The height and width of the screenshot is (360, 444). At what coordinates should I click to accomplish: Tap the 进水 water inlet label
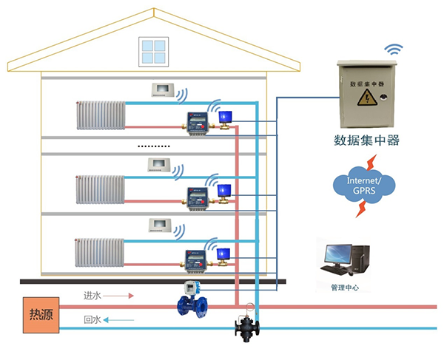coord(92,296)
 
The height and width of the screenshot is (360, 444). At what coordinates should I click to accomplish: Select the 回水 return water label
coord(92,320)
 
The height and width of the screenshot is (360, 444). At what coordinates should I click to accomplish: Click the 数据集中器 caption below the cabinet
coord(367,140)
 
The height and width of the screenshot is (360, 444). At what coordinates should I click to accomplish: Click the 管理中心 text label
coord(345,288)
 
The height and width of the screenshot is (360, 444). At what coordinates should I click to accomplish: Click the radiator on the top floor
coord(101,116)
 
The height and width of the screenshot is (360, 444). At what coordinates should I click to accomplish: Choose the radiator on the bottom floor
coord(101,252)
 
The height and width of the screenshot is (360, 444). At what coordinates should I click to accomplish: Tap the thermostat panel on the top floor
coord(162,90)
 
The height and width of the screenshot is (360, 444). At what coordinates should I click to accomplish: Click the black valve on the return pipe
coord(248,325)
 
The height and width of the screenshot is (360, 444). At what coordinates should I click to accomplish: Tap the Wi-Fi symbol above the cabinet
coord(392,50)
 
